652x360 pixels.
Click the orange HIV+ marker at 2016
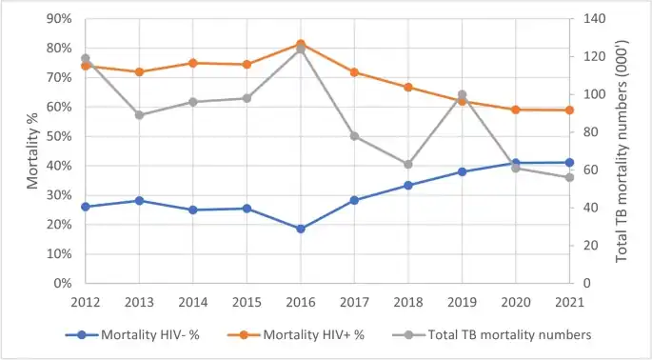coord(301,44)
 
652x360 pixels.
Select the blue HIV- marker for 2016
coord(301,229)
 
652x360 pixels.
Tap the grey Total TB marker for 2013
coord(139,115)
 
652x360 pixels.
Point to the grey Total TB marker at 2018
coord(408,164)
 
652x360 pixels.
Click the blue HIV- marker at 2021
coord(569,163)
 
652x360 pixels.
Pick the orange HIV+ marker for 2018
coord(408,87)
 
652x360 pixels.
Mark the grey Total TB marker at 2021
coord(569,177)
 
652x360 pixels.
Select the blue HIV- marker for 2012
coord(86,207)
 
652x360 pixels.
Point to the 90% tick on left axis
coord(59,18)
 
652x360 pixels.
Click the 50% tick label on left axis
coord(59,136)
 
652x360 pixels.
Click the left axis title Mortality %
coord(31,150)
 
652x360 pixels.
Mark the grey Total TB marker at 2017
coord(354,136)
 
